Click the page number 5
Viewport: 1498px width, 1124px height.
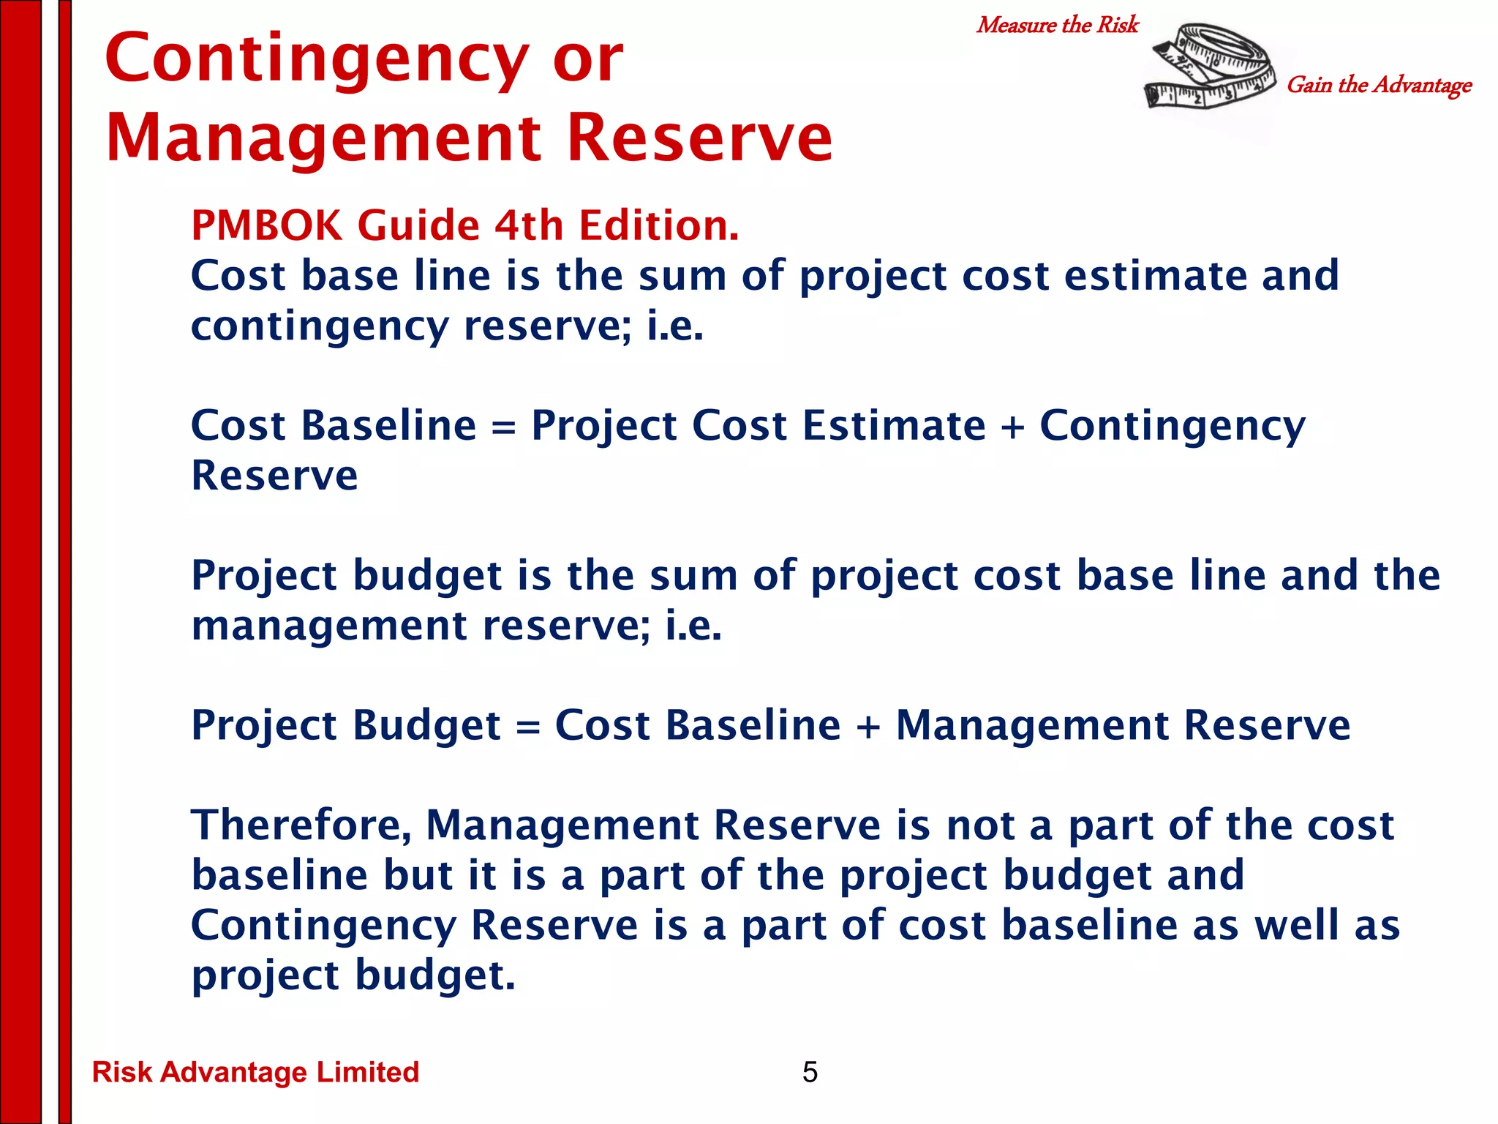[810, 1072]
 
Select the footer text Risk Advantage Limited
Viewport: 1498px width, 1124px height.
[255, 1072]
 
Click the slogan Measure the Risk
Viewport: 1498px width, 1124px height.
[1057, 26]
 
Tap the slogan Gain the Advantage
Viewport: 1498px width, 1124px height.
[1379, 86]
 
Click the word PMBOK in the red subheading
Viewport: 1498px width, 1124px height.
[266, 225]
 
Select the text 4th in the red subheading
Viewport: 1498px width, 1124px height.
[528, 225]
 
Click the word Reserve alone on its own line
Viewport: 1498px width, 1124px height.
[274, 476]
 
